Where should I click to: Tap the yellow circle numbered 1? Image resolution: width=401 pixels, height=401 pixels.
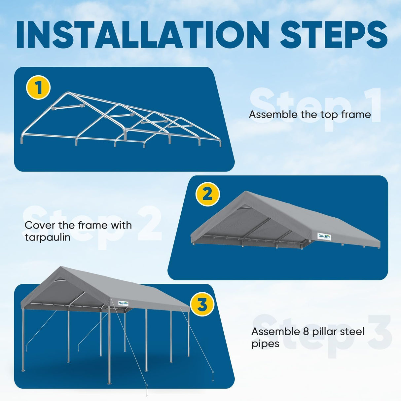pos(38,88)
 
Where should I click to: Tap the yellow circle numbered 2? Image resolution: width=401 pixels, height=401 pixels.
pos(207,194)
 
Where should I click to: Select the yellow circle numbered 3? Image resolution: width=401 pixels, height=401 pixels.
pos(202,304)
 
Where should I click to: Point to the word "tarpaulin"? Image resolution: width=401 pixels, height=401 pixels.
pos(48,237)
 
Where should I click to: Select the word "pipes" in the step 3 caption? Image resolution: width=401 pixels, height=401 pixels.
pos(265,344)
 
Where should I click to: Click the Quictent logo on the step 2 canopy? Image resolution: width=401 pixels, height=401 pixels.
pos(324,236)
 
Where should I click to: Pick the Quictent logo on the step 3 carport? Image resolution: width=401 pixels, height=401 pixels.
pos(123,303)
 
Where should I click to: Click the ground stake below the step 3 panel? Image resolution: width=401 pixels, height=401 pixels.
pos(147,391)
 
